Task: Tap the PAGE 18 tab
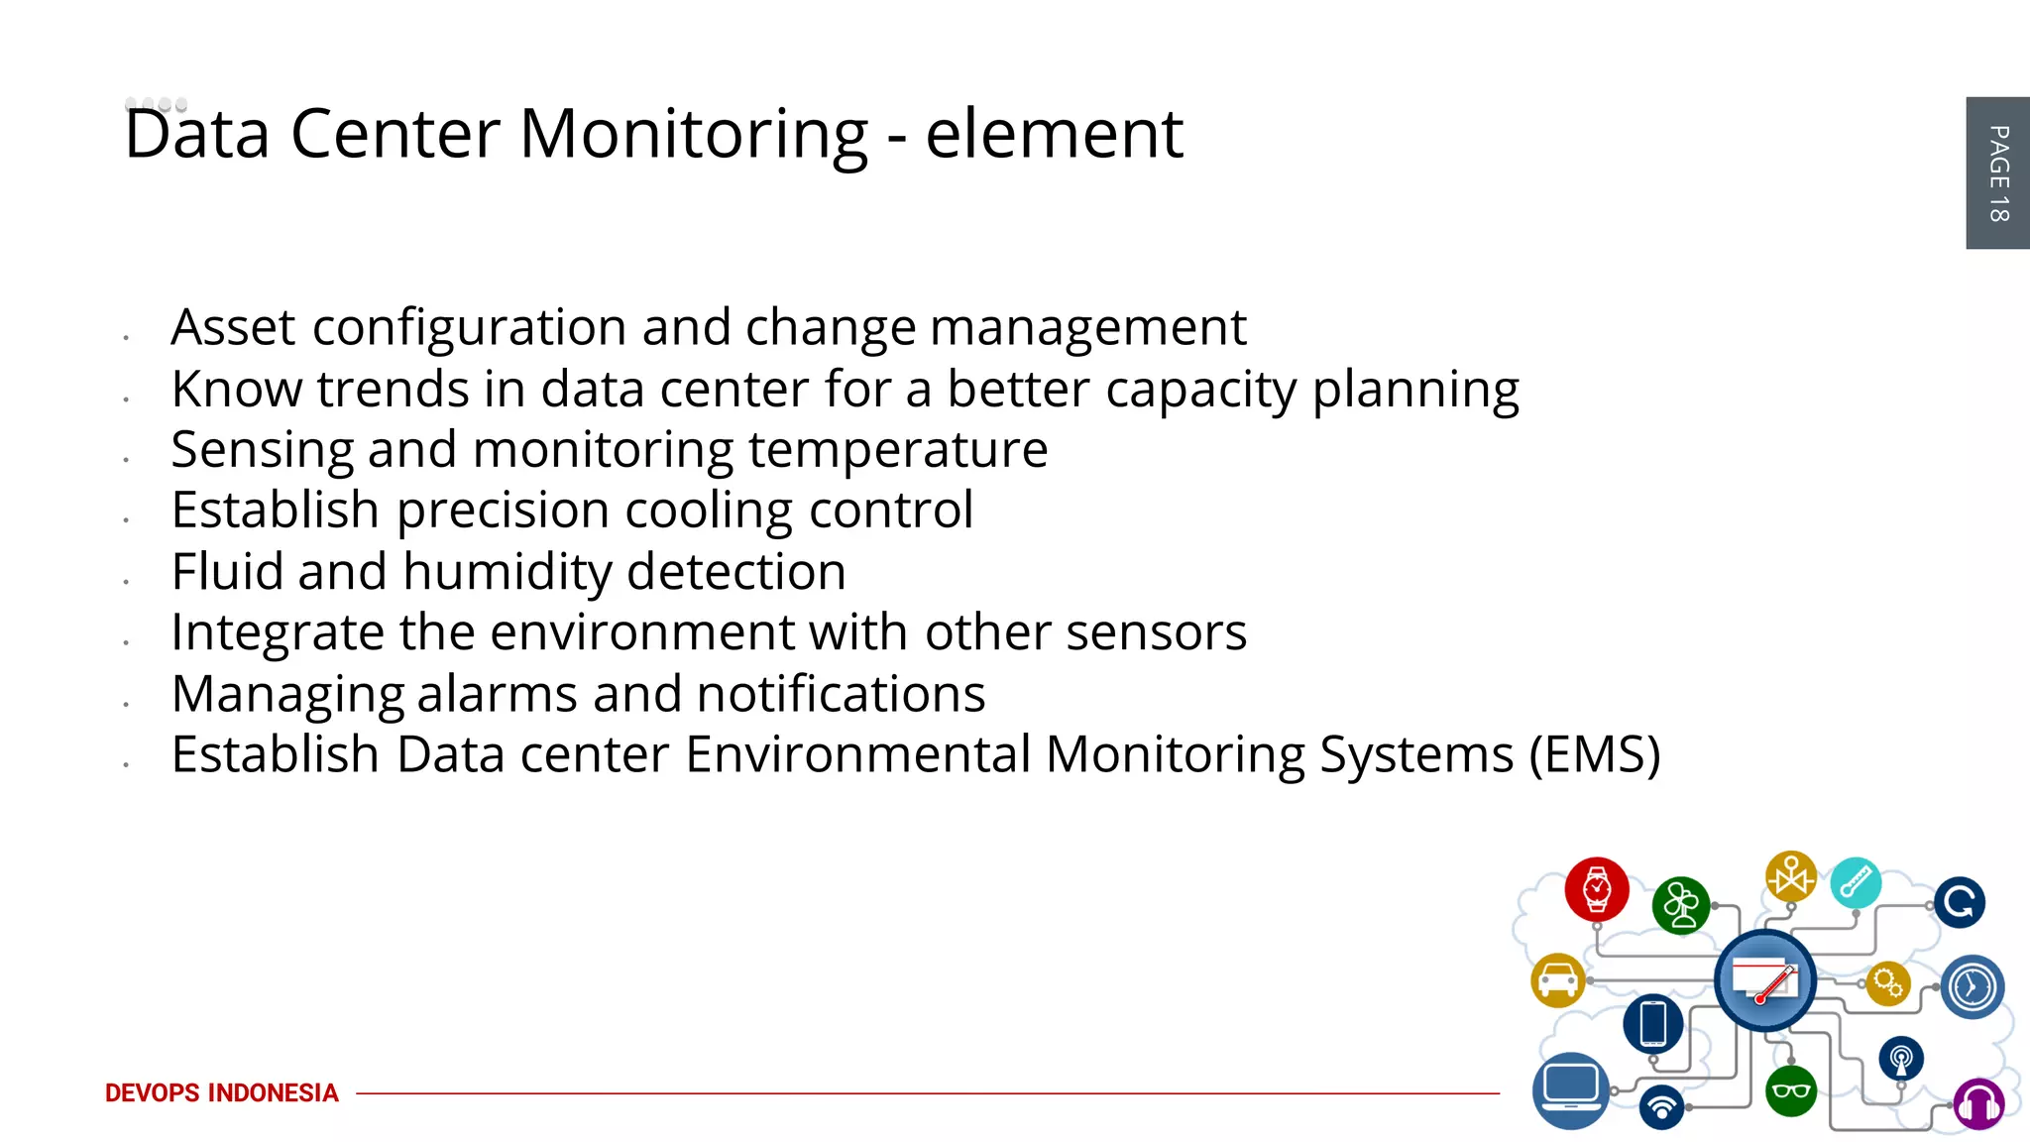1997,172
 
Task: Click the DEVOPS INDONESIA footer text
221,1092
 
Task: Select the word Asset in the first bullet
233,327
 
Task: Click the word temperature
897,450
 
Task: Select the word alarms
497,694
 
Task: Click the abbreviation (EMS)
1594,754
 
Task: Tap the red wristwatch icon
1596,889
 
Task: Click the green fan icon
1681,905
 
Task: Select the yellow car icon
1558,980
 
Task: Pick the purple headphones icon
1978,1103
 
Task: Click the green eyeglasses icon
1791,1091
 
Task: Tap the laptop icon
1571,1089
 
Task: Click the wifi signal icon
1662,1105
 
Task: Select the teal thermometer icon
1856,881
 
